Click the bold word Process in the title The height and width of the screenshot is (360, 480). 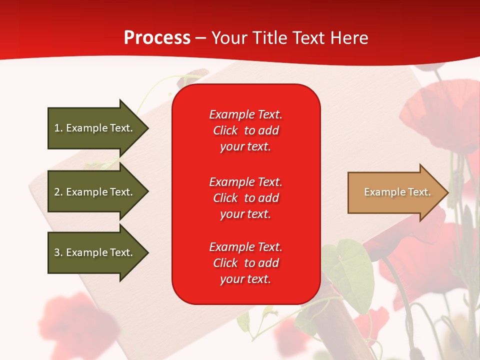(x=157, y=38)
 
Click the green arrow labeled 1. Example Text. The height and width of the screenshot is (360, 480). (x=95, y=128)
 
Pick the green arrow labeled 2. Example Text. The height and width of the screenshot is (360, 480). (x=95, y=192)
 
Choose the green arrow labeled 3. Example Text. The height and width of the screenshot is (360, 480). (x=95, y=252)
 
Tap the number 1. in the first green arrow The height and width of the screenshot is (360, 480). (x=58, y=128)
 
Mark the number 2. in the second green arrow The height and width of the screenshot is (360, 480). (x=58, y=192)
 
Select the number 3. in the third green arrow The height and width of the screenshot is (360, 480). (x=58, y=252)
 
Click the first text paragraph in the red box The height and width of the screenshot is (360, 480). (x=245, y=130)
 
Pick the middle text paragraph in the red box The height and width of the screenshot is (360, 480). (x=245, y=198)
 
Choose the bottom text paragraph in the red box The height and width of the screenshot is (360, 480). (x=245, y=263)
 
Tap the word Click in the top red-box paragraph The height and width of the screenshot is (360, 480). (x=225, y=130)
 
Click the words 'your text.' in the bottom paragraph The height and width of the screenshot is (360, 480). (x=245, y=279)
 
